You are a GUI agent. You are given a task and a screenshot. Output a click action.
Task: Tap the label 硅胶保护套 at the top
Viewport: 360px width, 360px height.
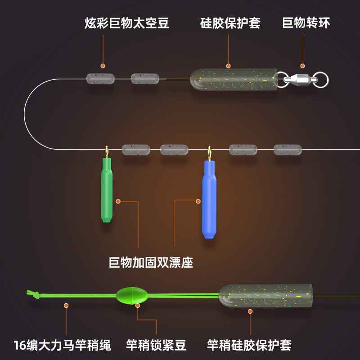[x=230, y=23]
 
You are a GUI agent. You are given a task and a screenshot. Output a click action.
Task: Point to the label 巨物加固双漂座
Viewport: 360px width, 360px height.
[x=151, y=262]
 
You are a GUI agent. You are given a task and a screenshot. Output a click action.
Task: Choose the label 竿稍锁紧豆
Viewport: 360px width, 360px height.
[x=156, y=345]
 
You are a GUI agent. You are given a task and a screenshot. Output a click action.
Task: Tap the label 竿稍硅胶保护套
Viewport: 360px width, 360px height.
[x=249, y=345]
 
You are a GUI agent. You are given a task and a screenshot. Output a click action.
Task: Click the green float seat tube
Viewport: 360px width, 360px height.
[x=107, y=189]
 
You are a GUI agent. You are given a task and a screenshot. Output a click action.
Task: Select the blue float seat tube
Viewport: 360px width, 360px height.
[x=209, y=198]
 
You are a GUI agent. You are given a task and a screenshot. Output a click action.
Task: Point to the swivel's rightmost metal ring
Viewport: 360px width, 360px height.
[x=321, y=80]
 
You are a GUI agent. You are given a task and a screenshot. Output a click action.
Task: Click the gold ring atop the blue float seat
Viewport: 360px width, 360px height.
[x=209, y=153]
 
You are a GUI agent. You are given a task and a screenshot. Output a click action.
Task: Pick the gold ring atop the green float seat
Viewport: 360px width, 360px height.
[x=107, y=152]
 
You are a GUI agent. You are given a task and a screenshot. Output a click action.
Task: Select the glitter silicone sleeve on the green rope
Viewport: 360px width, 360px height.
[x=265, y=295]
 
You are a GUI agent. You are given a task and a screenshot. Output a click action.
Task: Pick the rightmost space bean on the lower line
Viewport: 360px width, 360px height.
[x=288, y=149]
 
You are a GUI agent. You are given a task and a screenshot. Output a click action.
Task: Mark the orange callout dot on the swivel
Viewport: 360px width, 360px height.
[x=302, y=66]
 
